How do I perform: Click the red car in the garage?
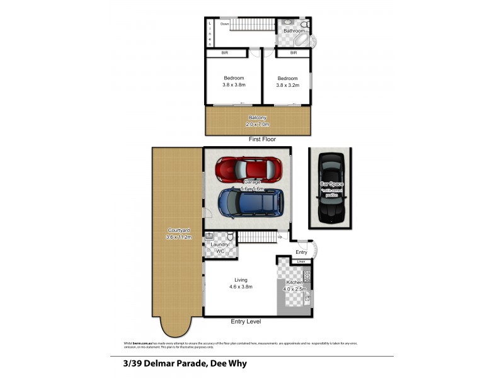[x=249, y=168]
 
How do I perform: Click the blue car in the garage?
[x=251, y=203]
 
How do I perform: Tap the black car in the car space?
[x=330, y=188]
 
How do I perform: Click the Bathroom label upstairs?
[x=294, y=30]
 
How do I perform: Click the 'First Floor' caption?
[x=261, y=139]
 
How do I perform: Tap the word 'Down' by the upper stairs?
[x=224, y=24]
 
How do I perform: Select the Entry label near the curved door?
[x=301, y=252]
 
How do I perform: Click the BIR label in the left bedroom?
[x=224, y=54]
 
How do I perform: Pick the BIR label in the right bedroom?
[x=293, y=54]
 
